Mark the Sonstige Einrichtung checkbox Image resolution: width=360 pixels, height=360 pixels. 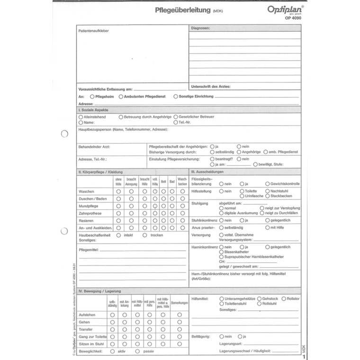pyautogui.click(x=176, y=97)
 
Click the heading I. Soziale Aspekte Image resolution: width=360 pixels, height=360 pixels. pyautogui.click(x=97, y=110)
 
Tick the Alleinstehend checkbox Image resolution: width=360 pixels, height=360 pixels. pyautogui.click(x=81, y=117)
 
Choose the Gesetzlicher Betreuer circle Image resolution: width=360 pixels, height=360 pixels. pyautogui.click(x=176, y=117)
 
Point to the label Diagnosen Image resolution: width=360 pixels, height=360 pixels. pyautogui.click(x=201, y=28)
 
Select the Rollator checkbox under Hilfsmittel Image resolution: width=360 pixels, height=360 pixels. pyautogui.click(x=283, y=299)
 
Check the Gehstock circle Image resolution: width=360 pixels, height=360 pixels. pyautogui.click(x=259, y=299)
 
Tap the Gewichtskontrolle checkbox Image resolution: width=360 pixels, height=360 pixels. pyautogui.click(x=267, y=183)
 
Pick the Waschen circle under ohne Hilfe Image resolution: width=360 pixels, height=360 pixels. pyautogui.click(x=119, y=191)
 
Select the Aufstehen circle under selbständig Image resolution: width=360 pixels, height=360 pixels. pyautogui.click(x=113, y=315)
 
